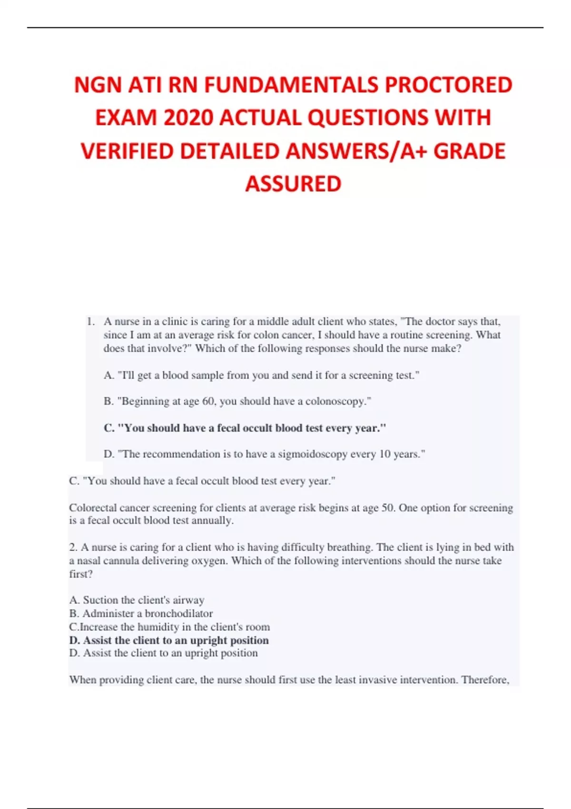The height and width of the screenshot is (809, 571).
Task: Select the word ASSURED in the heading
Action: (x=293, y=184)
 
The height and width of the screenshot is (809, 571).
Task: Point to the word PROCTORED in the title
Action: (x=448, y=85)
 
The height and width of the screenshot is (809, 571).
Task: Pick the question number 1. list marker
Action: (x=91, y=322)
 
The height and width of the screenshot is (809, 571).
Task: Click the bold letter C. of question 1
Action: (x=109, y=428)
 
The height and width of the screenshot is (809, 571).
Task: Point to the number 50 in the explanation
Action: (x=388, y=508)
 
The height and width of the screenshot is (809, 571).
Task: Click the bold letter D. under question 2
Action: (x=75, y=640)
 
